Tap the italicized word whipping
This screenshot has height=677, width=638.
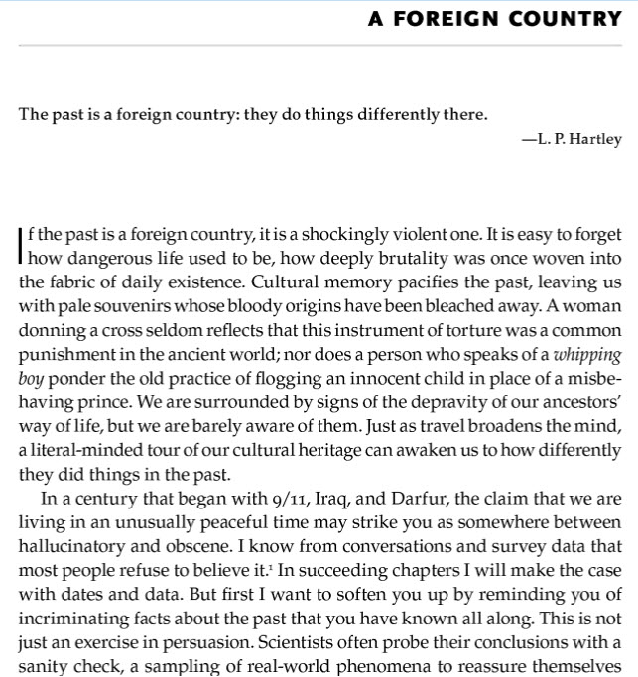[x=585, y=353]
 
